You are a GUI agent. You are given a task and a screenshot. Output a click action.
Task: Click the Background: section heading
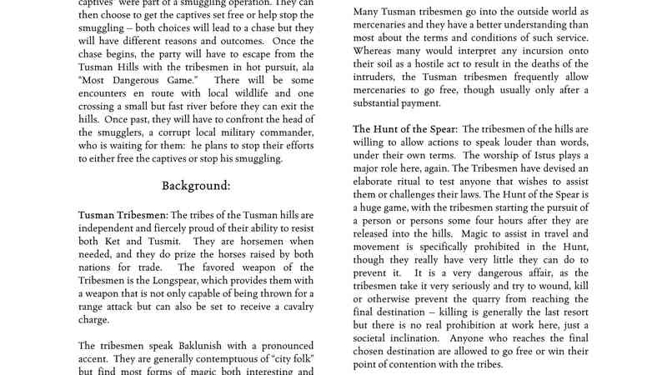(196, 185)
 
